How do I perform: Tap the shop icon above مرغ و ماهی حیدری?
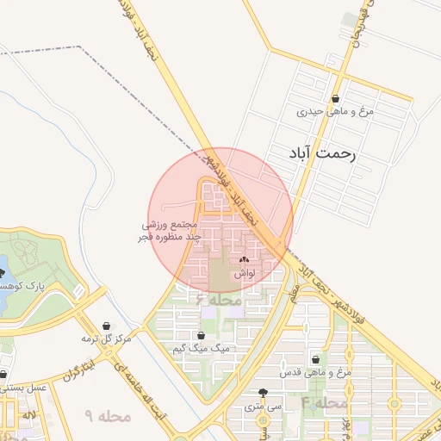(346, 98)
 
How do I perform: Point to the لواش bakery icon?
(243, 258)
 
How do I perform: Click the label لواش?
(244, 271)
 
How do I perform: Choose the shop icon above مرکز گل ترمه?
(106, 326)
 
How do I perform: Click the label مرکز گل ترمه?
(106, 339)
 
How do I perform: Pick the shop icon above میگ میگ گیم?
(201, 335)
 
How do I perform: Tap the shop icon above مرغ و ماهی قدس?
(315, 359)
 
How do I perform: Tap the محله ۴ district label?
(324, 403)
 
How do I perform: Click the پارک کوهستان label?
(21, 284)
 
